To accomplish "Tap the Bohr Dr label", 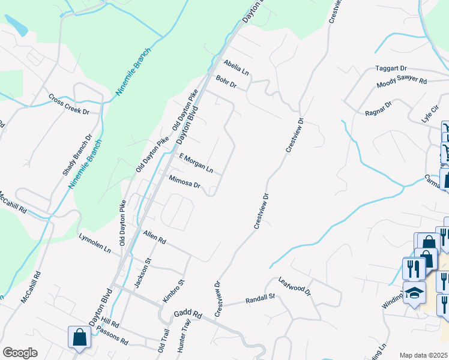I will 227,82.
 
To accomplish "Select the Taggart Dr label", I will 391,69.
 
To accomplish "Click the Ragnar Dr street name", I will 378,109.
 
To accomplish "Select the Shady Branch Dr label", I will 77,155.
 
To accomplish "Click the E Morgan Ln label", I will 196,163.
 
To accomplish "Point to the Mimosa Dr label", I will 184,182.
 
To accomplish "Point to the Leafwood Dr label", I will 294,286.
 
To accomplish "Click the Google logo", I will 20,353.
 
